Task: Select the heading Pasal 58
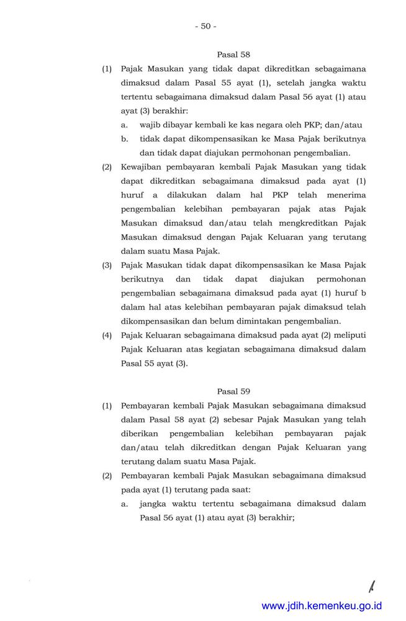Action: click(233, 55)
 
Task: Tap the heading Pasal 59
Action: click(233, 391)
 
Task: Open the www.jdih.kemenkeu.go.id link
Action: click(322, 605)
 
